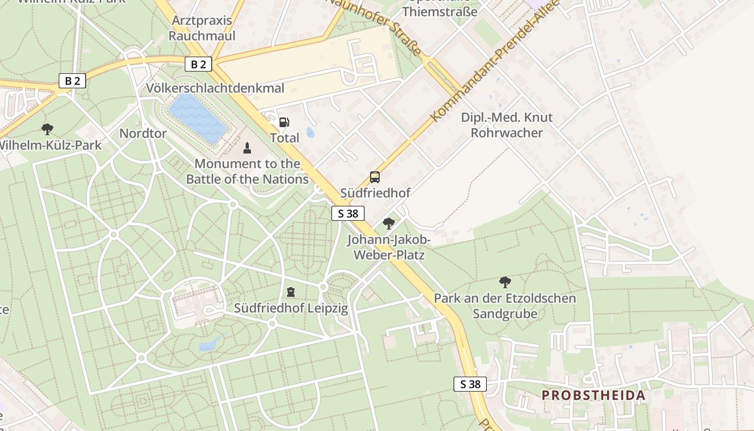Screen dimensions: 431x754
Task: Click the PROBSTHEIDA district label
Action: [593, 395]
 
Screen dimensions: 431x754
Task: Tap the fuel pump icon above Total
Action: [284, 122]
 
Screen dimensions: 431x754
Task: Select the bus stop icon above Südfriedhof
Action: [374, 177]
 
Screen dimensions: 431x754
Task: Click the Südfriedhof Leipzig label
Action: [291, 309]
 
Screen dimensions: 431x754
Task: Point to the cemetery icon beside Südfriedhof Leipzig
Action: [291, 293]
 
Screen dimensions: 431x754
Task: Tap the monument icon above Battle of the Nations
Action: [247, 148]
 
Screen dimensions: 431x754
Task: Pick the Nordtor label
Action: [143, 133]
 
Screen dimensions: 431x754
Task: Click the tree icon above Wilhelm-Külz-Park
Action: [47, 129]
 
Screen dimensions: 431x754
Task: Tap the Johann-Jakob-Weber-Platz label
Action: [389, 247]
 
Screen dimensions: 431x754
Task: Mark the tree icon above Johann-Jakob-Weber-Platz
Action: [388, 224]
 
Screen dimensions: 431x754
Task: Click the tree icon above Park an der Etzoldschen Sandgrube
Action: [505, 282]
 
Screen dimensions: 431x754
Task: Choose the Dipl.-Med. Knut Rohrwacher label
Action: [507, 125]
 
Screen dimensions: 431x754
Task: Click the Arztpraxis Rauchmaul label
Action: [202, 28]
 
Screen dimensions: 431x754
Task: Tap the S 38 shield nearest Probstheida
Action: [470, 384]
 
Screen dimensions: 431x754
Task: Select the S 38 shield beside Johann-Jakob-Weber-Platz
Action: [348, 213]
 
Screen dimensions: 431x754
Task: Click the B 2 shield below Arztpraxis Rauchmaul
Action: [198, 65]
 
